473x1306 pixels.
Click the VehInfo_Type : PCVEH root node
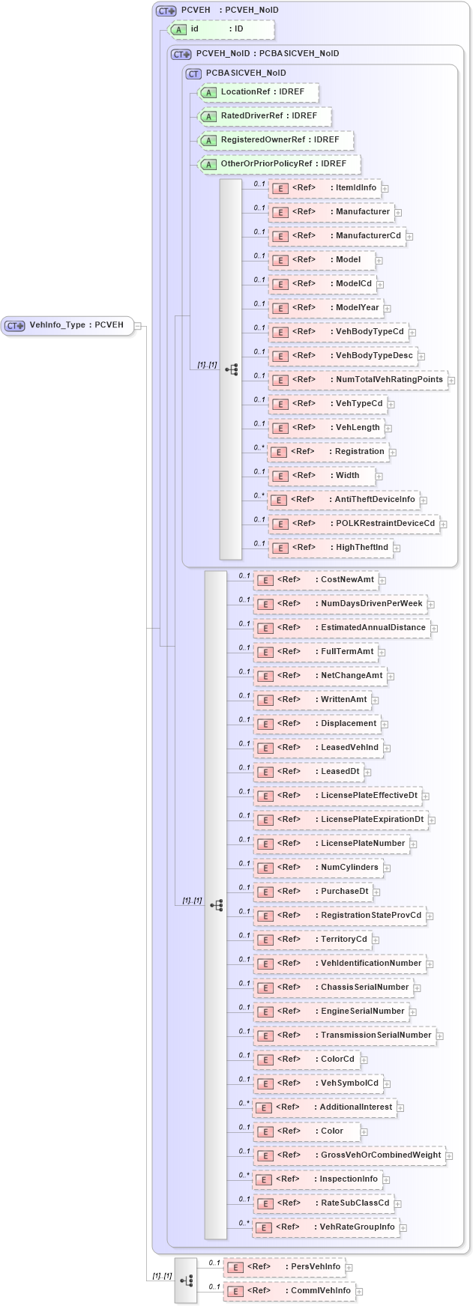(67, 325)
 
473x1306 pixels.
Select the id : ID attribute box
(221, 29)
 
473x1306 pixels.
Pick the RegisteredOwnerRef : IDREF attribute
(275, 140)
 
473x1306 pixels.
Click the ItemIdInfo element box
(324, 188)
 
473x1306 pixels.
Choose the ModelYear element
(325, 308)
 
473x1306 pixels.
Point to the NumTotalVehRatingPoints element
(358, 380)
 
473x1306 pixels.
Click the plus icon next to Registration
(393, 453)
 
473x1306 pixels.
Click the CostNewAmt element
(316, 580)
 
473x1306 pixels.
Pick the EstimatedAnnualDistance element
(341, 628)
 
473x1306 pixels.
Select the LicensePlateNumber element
(331, 844)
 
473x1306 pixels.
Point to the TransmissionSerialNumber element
(344, 1036)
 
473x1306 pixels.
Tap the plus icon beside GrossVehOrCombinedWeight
(449, 1156)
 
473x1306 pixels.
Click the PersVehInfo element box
(284, 1267)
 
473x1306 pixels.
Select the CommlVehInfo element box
(289, 1291)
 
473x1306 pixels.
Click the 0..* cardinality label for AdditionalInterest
(244, 1103)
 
